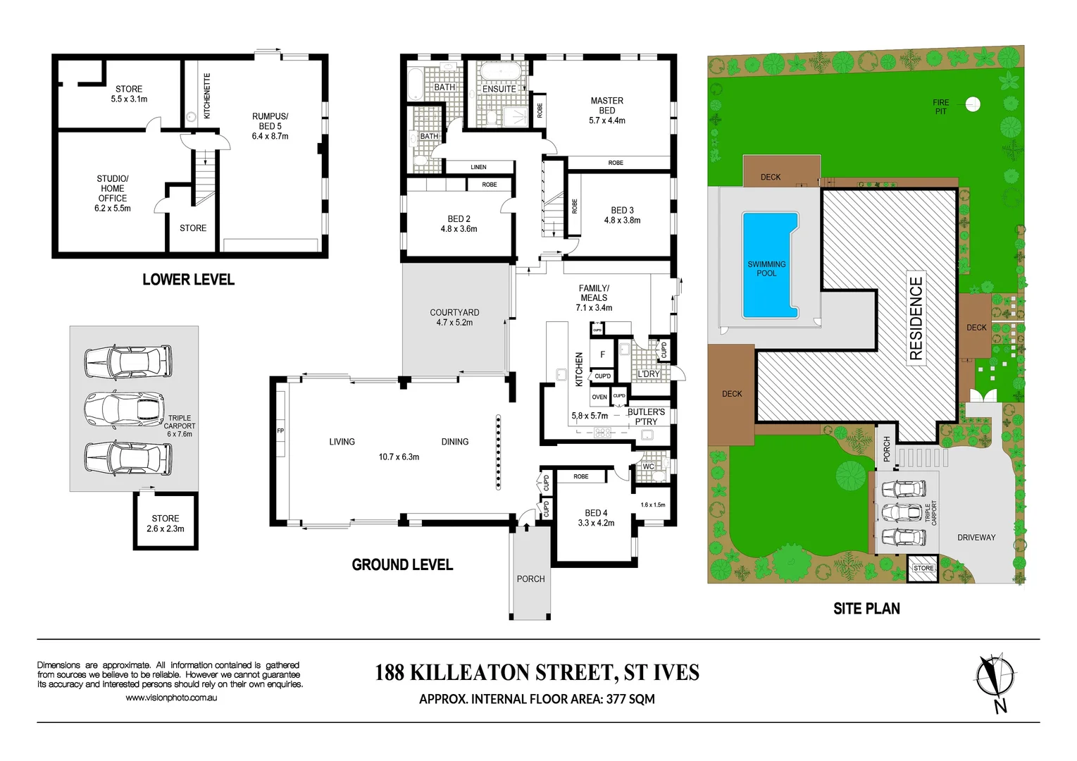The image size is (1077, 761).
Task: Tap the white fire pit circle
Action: coord(972,104)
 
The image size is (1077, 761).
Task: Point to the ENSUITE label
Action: coord(499,89)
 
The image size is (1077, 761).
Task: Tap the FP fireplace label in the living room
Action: coord(280,431)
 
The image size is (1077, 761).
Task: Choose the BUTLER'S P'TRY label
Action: coord(646,416)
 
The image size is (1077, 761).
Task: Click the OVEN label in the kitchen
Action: coord(599,397)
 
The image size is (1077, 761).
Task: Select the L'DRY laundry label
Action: coord(648,374)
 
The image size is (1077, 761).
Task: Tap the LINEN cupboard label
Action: coord(478,167)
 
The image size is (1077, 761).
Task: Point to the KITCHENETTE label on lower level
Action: coord(207,96)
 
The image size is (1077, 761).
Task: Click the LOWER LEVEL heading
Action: coord(188,280)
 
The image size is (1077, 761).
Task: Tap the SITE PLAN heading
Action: coord(866,609)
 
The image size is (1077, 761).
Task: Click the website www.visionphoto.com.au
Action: coord(171,698)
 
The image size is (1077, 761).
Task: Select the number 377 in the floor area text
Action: coord(617,699)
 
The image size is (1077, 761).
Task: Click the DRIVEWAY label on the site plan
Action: coord(976,538)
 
